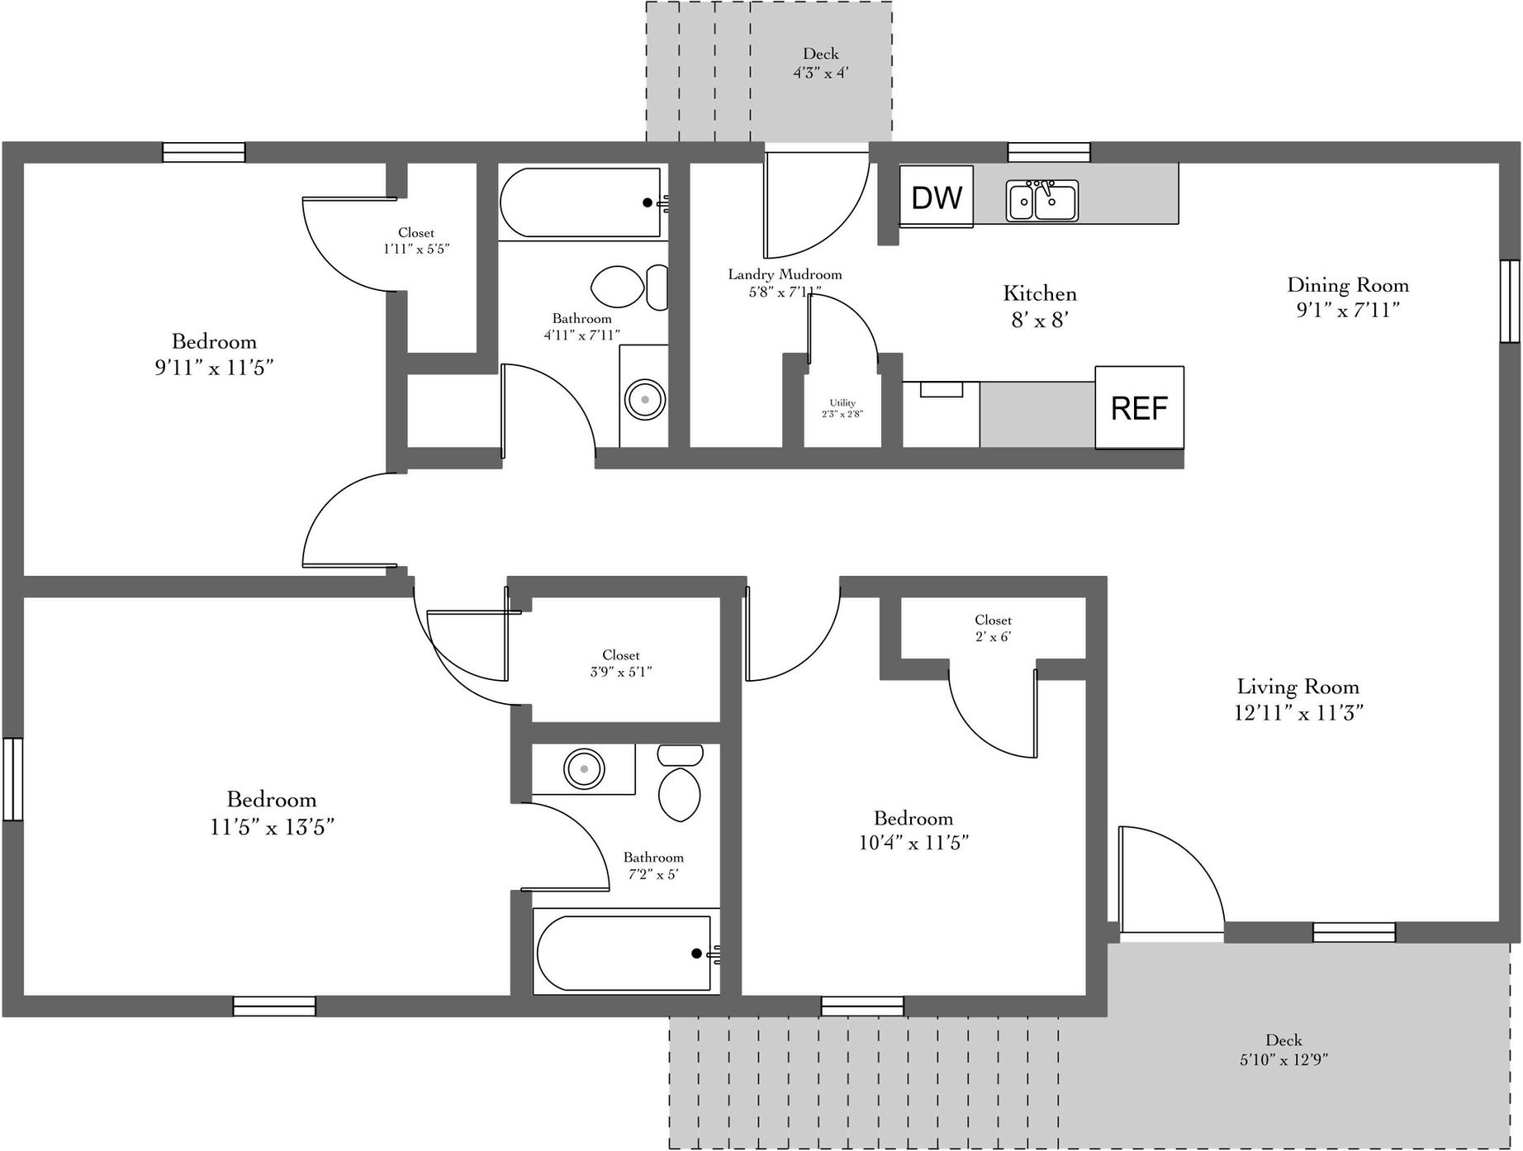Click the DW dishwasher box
pos(936,197)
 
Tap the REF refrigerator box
pos(1139,407)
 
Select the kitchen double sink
pos(1041,200)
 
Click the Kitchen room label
pos(1040,306)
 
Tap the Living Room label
pos(1298,699)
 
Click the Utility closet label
pos(842,408)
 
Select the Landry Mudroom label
pos(784,283)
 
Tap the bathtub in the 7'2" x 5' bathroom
pos(624,953)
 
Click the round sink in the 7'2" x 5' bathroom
pos(584,769)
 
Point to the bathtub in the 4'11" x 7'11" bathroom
pos(581,202)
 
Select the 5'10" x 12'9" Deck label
pos(1283,1049)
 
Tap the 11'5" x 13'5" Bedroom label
pos(272,812)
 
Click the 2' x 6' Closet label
pos(993,628)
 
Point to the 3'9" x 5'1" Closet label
pos(620,663)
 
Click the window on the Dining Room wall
pos(1510,301)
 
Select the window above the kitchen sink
pos(1049,153)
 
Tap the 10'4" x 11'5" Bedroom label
pos(913,830)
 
